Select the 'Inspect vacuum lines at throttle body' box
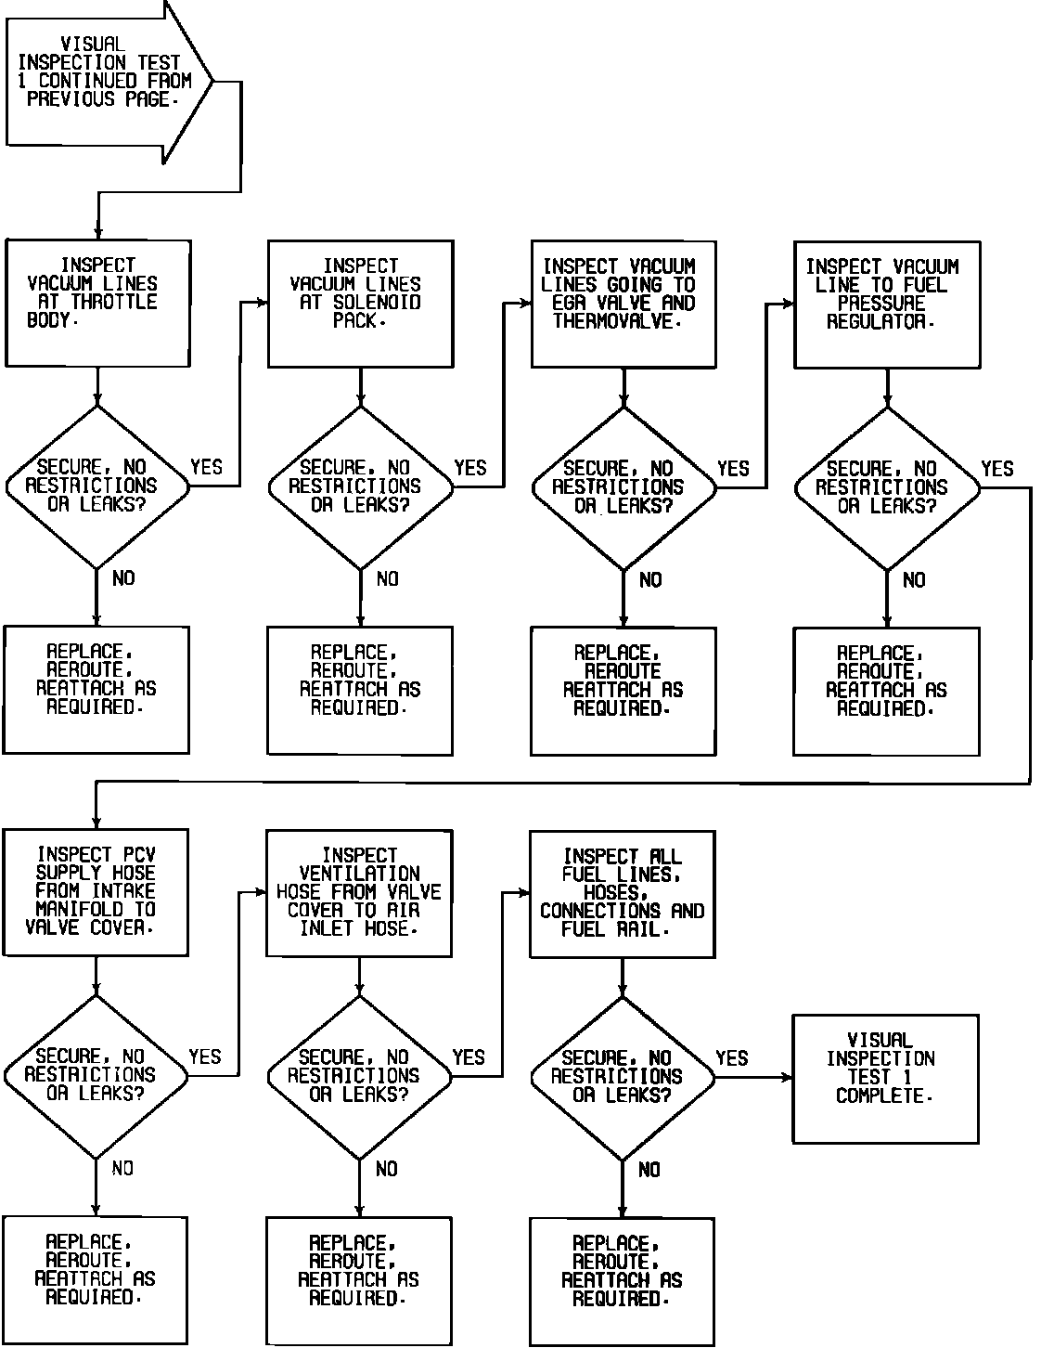point(97,303)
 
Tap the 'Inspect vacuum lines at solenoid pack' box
point(360,304)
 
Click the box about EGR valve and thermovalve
point(623,304)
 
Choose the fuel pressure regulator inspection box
point(887,304)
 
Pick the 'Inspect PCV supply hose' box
point(96,892)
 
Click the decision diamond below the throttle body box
point(96,486)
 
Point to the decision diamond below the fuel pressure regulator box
point(887,487)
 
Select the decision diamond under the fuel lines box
point(622,1077)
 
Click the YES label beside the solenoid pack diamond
point(470,468)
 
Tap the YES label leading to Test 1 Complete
point(732,1058)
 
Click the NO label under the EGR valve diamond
point(651,580)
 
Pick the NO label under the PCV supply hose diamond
point(122,1169)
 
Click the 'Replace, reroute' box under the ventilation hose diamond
point(359,1279)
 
